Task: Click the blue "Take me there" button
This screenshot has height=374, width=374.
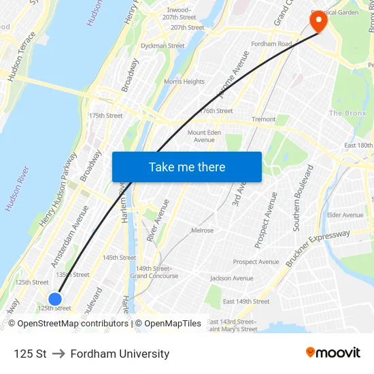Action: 187,167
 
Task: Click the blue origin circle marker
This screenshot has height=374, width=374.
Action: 55,299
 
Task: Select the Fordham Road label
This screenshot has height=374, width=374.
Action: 272,44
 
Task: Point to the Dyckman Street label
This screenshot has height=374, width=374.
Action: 163,46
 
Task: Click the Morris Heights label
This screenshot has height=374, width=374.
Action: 184,82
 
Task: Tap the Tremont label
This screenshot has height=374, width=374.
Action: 263,119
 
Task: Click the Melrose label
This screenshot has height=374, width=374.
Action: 202,231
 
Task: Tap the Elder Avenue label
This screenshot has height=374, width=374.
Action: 345,215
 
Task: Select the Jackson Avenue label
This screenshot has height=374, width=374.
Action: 232,278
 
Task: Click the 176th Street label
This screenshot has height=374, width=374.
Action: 216,111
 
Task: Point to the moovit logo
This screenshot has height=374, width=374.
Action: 333,353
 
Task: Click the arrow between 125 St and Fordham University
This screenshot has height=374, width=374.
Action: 58,354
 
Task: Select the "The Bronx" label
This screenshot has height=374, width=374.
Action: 347,113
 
